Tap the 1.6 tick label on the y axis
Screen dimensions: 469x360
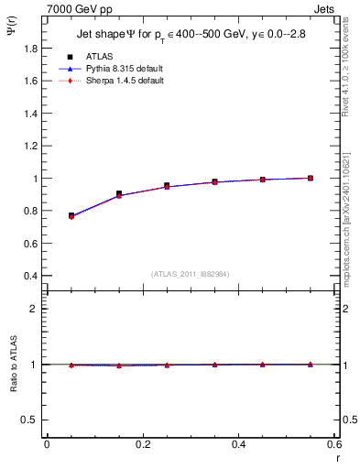point(31,81)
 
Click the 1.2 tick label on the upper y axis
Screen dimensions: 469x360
point(31,146)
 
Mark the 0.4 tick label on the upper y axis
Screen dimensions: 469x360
point(31,276)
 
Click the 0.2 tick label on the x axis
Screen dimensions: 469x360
point(142,444)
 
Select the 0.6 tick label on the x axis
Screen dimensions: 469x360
point(334,444)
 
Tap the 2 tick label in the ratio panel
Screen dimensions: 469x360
point(35,309)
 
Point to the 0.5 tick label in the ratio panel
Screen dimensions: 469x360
point(31,420)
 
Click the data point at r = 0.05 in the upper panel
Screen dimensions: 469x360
point(71,216)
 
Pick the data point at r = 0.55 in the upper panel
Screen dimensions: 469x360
point(311,178)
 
